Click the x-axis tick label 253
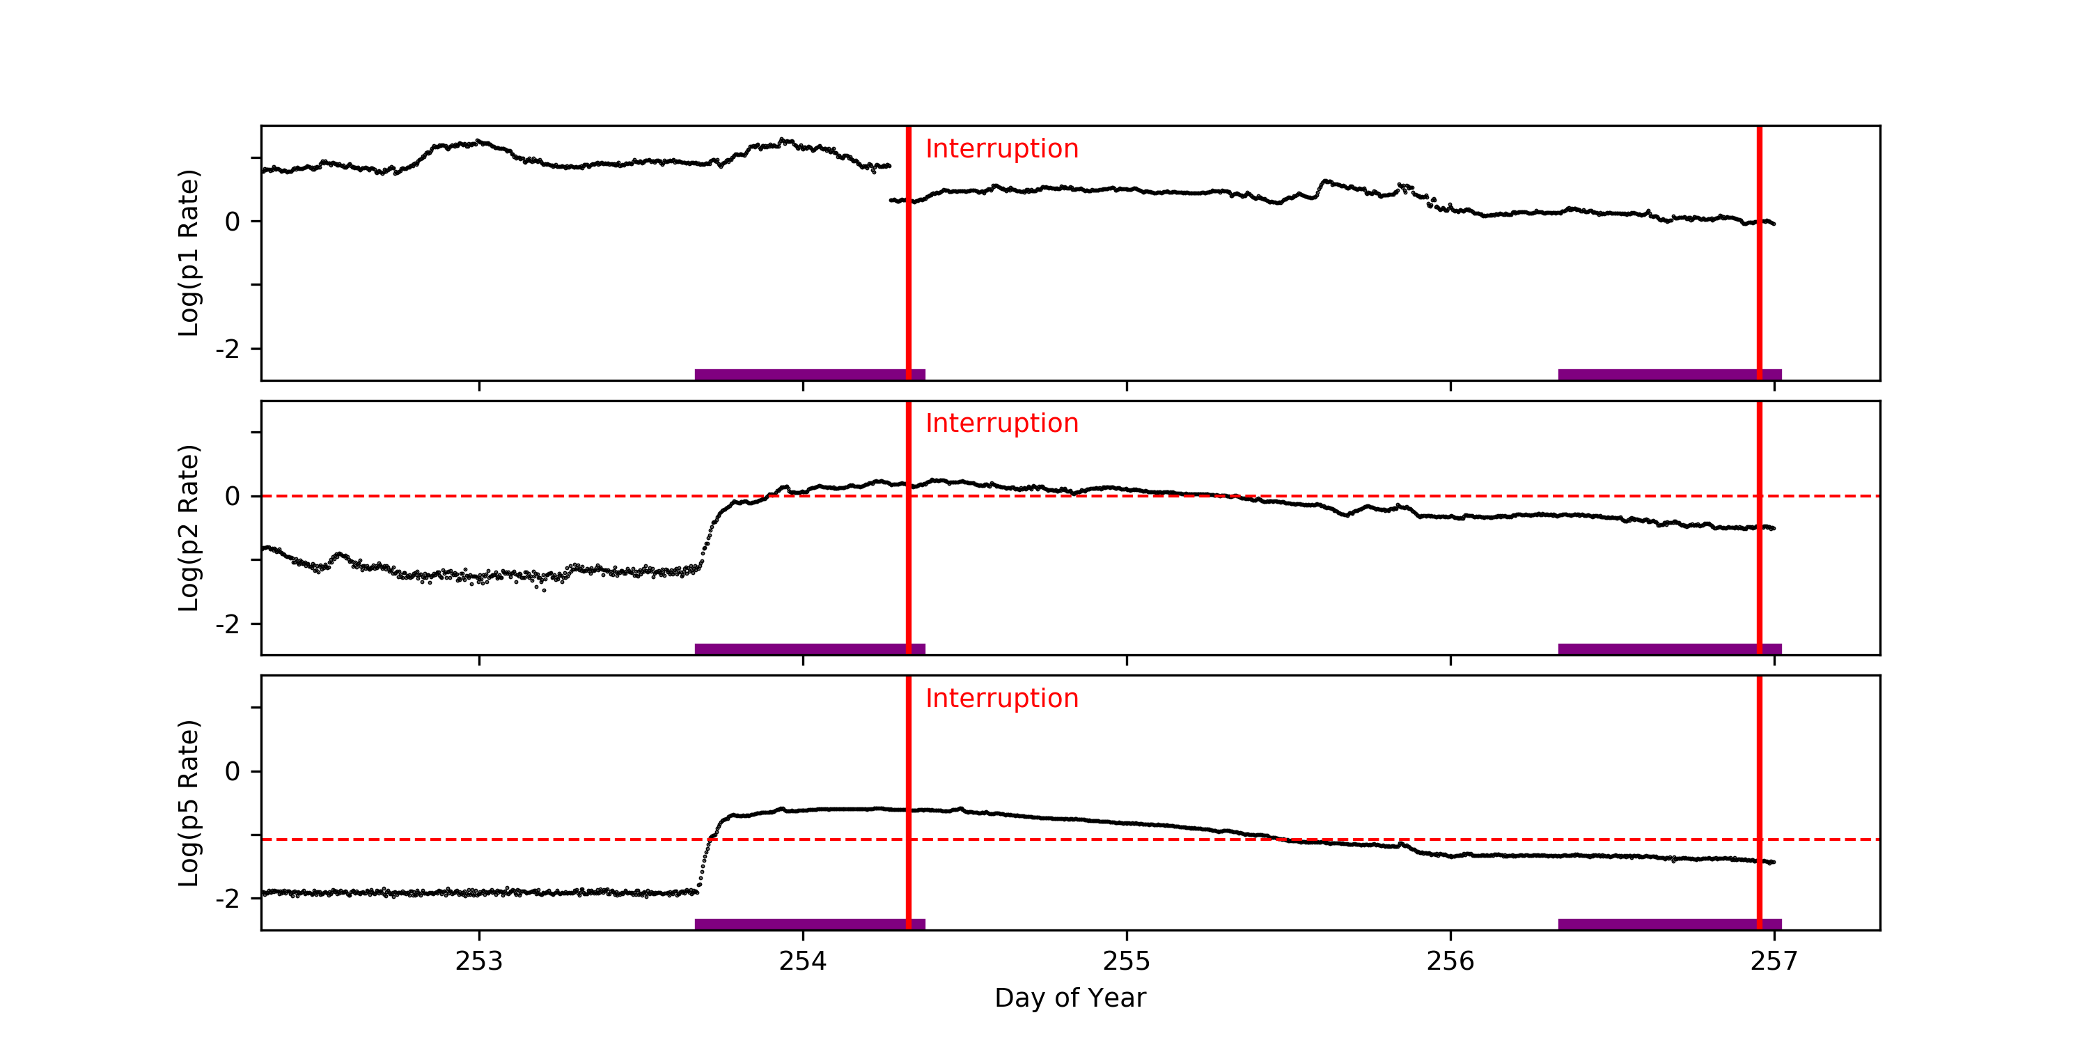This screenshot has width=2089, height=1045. [478, 961]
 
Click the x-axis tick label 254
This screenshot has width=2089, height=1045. [802, 961]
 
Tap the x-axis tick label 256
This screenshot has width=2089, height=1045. [1449, 961]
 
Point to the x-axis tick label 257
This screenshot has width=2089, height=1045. [1774, 961]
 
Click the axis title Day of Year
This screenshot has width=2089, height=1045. [1070, 998]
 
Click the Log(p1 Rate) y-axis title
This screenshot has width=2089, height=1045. [188, 252]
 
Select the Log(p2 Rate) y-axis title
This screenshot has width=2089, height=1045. [188, 527]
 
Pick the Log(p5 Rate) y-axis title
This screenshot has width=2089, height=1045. [188, 803]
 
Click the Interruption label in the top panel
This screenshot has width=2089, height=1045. [1001, 148]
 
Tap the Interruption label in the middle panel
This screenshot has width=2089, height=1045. [1001, 424]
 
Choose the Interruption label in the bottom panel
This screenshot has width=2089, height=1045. [1001, 699]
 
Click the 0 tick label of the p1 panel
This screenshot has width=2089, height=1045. [233, 222]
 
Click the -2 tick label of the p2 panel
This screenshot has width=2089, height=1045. [227, 624]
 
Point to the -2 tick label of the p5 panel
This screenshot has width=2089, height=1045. [227, 899]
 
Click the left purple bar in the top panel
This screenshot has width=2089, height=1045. [809, 374]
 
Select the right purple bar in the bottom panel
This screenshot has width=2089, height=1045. [1669, 924]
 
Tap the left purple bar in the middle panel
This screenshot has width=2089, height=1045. [809, 649]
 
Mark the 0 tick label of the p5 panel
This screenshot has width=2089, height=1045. [233, 772]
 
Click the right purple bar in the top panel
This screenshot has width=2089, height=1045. [1669, 374]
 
